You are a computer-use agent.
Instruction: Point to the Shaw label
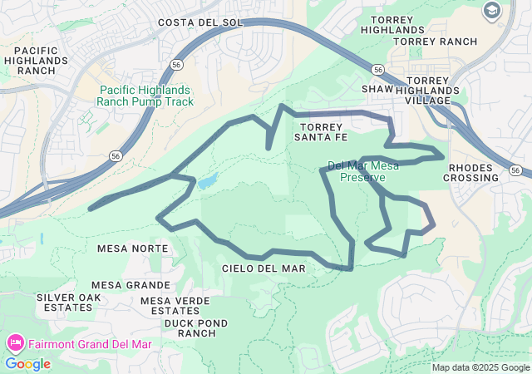coord(377,89)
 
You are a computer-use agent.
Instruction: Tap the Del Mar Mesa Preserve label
coord(363,171)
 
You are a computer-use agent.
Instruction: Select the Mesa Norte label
coord(133,249)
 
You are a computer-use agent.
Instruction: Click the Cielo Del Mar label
coord(264,268)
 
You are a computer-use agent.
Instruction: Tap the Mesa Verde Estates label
coord(181,306)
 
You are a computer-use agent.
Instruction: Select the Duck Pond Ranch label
coord(190,327)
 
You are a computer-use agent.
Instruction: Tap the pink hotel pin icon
coord(14,342)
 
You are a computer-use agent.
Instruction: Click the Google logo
coord(27,364)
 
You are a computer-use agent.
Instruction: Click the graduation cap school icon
coord(491,10)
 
